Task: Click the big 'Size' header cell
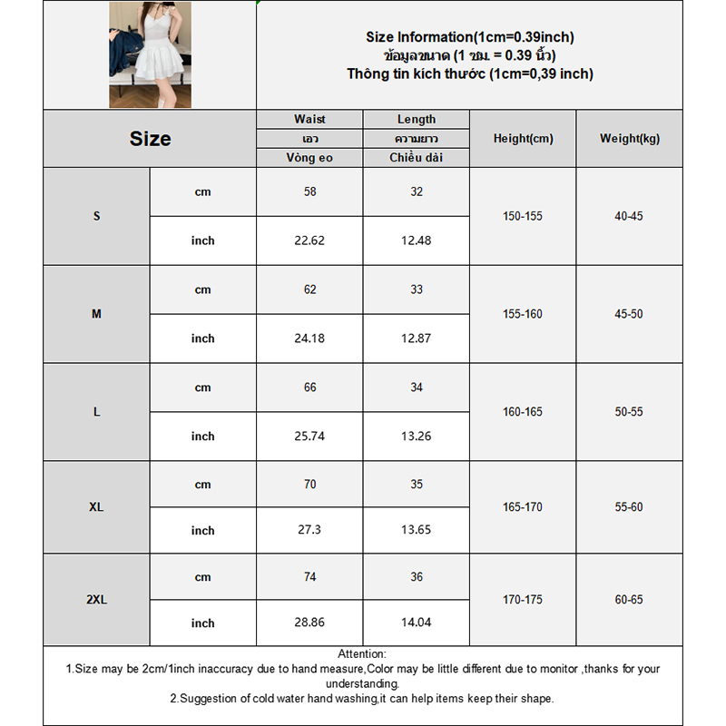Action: pos(150,139)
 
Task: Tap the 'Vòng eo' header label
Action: pos(309,158)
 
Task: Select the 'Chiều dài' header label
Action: pos(417,158)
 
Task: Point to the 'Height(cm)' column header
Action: pos(523,139)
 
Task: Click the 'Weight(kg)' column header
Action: pos(630,139)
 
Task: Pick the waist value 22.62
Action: pos(309,240)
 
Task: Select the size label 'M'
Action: pos(96,314)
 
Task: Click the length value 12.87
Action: pos(417,338)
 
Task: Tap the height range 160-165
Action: pos(523,412)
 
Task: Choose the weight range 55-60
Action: pos(629,506)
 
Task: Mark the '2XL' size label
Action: pos(96,600)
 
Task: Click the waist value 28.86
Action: pos(309,623)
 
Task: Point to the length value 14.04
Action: pos(417,623)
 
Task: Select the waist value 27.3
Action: pos(309,531)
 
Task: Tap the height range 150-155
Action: pos(523,216)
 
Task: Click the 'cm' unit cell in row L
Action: pos(202,388)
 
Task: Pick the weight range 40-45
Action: pos(629,216)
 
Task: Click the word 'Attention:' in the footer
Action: pos(362,653)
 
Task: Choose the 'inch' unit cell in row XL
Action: pos(202,531)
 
